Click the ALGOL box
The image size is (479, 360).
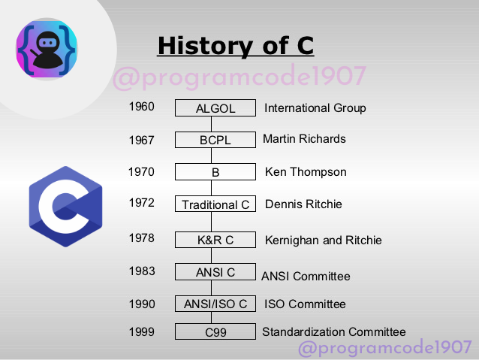click(215, 108)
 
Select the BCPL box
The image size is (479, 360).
click(215, 140)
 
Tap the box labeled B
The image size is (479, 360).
click(215, 172)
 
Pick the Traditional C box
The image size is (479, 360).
click(215, 204)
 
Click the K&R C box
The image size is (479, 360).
click(215, 240)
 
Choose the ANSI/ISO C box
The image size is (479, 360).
click(215, 304)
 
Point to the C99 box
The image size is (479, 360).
click(215, 332)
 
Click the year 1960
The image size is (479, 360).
click(141, 107)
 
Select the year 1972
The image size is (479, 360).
click(141, 202)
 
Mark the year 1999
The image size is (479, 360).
click(141, 331)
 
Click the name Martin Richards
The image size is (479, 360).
click(304, 139)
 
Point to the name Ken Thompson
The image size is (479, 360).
click(306, 172)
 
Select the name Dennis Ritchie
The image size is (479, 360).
click(303, 204)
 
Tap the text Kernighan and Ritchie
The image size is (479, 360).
click(323, 241)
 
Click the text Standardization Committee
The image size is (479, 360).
click(333, 332)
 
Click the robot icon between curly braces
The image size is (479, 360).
click(47, 47)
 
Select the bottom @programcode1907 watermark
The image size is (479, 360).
click(384, 349)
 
